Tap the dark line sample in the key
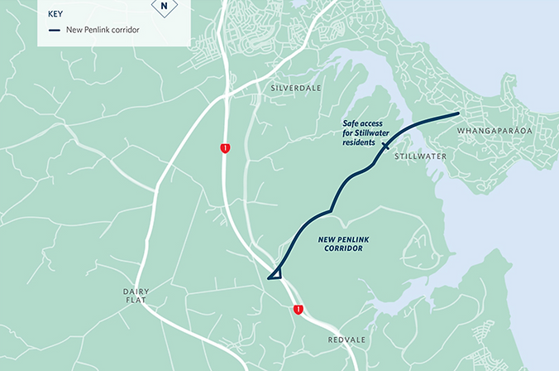(55, 31)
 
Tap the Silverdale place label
(294, 87)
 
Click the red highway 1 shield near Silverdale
(225, 147)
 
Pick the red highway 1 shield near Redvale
(298, 310)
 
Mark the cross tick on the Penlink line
(385, 144)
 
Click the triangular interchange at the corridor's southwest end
(277, 272)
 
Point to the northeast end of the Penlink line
(457, 113)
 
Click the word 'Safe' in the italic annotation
(351, 123)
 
